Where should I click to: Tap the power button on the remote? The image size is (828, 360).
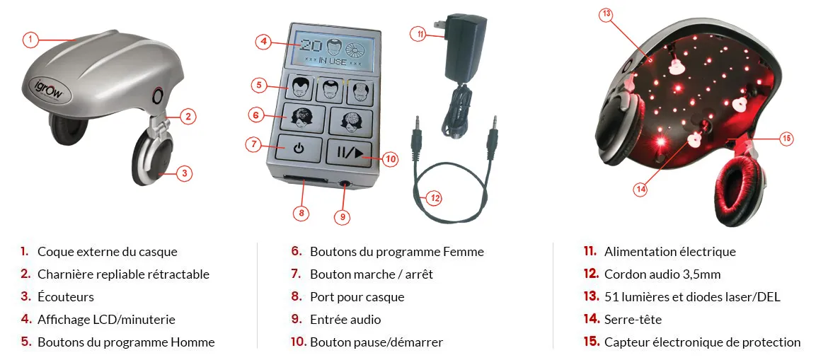299,149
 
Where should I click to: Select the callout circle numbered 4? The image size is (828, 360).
265,42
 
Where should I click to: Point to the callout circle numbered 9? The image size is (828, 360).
343,216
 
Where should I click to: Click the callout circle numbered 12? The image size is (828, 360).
434,198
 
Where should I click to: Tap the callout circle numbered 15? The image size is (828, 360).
786,139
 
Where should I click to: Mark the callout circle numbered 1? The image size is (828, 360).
31,39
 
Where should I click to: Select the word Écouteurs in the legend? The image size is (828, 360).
66,296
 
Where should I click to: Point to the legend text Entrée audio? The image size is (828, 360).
345,320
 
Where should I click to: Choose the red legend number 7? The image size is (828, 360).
297,274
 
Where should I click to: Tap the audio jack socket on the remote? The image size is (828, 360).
345,185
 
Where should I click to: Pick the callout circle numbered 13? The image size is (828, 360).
606,15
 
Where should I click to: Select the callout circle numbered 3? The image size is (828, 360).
183,173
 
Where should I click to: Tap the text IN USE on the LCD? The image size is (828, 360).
333,62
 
